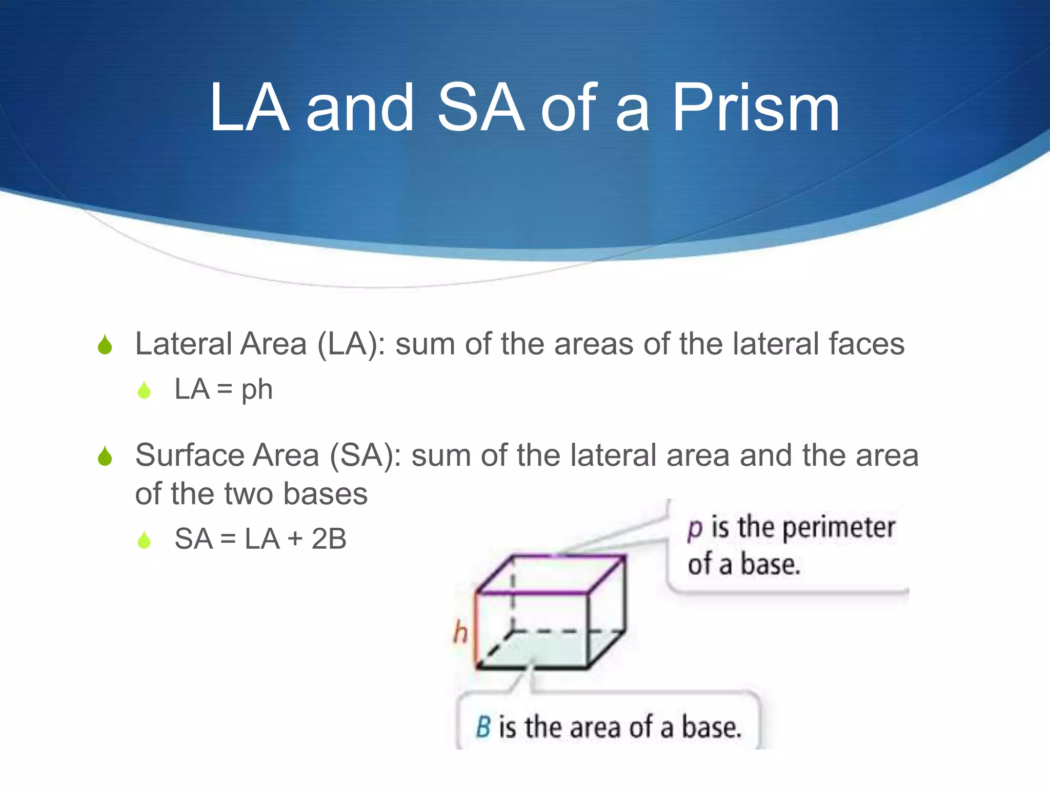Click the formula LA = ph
tap(224, 389)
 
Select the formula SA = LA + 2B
tap(260, 539)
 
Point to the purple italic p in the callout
tap(695, 528)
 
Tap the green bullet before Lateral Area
tap(105, 345)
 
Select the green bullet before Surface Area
tap(105, 456)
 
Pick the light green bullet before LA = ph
tap(145, 390)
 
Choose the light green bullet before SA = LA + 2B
tap(145, 540)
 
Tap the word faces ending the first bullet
tap(866, 344)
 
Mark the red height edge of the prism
tap(476, 630)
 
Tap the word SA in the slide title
tap(481, 108)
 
